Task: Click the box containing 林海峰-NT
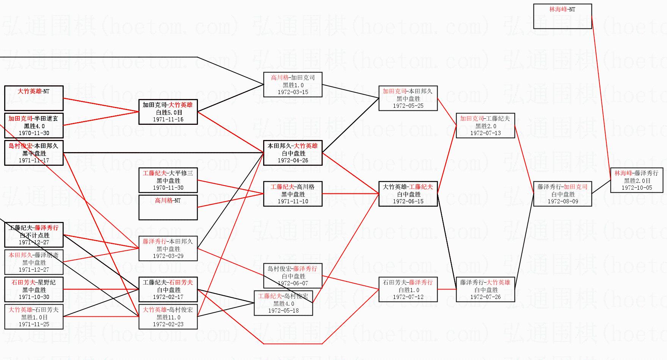pyautogui.click(x=562, y=16)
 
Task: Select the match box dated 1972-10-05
pyautogui.click(x=637, y=180)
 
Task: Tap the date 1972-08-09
pyautogui.click(x=563, y=201)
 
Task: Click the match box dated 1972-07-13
pyautogui.click(x=485, y=126)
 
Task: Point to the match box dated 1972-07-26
pyautogui.click(x=485, y=289)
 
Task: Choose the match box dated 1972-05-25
pyautogui.click(x=408, y=98)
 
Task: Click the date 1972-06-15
pyautogui.click(x=408, y=201)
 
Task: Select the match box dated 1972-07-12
pyautogui.click(x=408, y=289)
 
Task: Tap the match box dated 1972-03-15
pyautogui.click(x=293, y=85)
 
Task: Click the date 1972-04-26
pyautogui.click(x=293, y=160)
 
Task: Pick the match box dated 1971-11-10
pyautogui.click(x=293, y=194)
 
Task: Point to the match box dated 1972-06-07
pyautogui.click(x=293, y=276)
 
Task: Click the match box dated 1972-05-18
pyautogui.click(x=283, y=303)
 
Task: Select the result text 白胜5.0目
pyautogui.click(x=168, y=112)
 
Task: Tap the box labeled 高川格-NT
pyautogui.click(x=168, y=207)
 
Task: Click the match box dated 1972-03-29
pyautogui.click(x=168, y=248)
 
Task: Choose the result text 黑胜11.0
pyautogui.click(x=168, y=317)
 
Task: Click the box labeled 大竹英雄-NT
pyautogui.click(x=33, y=98)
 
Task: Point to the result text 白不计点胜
pyautogui.click(x=34, y=235)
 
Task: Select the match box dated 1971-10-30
pyautogui.click(x=34, y=289)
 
